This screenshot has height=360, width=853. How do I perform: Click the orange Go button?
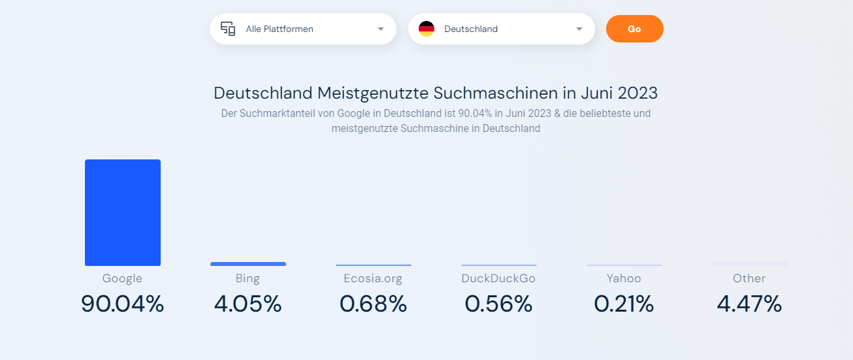[634, 29]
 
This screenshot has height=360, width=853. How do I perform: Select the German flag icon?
[426, 29]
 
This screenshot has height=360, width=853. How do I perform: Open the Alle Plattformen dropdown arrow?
[381, 29]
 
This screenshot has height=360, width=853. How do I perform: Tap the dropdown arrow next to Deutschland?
[579, 29]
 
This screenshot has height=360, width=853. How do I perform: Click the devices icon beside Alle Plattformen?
[228, 29]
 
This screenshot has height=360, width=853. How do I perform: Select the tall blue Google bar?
[123, 212]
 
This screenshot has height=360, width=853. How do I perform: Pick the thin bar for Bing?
[248, 264]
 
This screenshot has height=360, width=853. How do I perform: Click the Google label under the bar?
[122, 278]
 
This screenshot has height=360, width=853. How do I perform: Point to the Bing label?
[248, 278]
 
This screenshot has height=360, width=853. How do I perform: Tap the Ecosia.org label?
[373, 278]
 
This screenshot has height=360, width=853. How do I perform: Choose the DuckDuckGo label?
[498, 278]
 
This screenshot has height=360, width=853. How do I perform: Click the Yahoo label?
[624, 278]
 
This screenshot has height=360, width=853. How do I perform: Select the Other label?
[749, 278]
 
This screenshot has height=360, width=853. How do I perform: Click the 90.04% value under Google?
[123, 304]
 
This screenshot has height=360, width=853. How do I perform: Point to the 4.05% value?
[248, 304]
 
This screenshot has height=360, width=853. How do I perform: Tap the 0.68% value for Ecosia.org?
[373, 304]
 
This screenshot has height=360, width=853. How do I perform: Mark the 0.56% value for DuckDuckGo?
[498, 304]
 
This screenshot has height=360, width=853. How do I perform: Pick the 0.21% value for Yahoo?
[624, 304]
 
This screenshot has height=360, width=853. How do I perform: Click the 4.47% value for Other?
[749, 304]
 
